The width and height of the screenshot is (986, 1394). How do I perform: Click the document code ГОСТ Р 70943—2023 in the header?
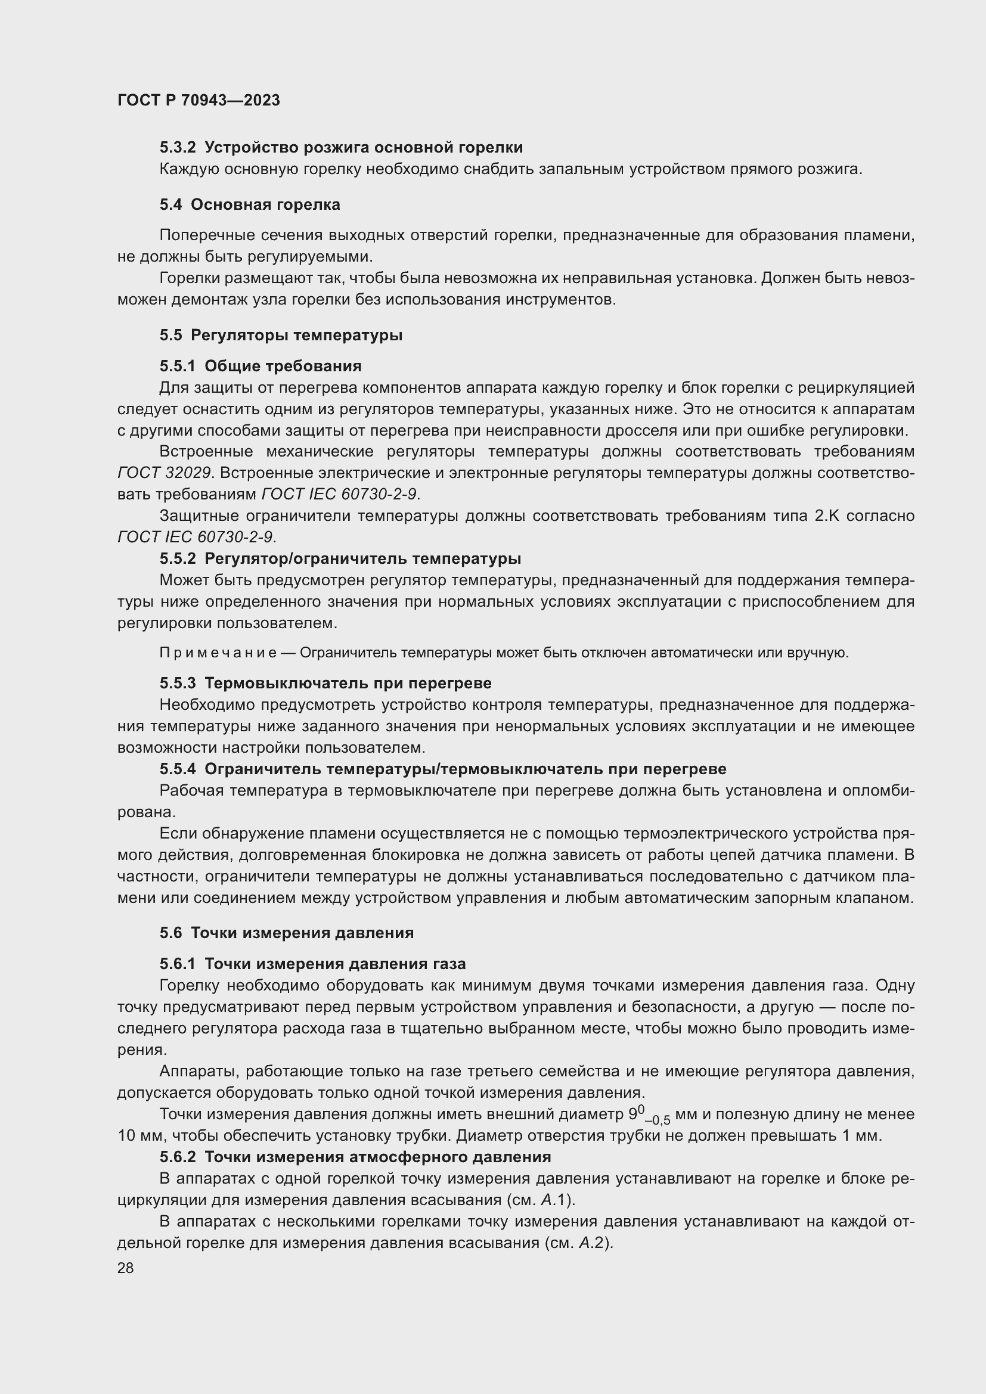[199, 100]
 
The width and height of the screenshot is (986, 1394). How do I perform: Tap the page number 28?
[125, 1268]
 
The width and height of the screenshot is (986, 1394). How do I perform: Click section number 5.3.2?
[177, 148]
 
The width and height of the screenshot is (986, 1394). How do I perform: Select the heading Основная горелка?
[265, 204]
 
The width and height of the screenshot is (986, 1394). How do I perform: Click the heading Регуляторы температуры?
[296, 335]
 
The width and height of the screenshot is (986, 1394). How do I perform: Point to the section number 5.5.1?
[177, 366]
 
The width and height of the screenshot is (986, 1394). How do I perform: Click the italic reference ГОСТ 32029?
[164, 473]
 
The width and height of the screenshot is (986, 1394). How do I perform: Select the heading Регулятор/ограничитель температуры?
[362, 558]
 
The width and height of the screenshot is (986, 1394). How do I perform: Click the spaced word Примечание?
[218, 653]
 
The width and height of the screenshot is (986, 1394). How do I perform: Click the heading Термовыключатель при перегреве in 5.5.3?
[348, 683]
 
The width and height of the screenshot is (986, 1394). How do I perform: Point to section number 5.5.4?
[177, 769]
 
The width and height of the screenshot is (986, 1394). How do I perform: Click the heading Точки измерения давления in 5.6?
[302, 933]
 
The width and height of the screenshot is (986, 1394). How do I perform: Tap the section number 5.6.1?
[177, 964]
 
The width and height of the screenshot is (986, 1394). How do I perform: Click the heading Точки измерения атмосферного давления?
[377, 1157]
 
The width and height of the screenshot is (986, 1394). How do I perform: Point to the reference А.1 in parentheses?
[553, 1200]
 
